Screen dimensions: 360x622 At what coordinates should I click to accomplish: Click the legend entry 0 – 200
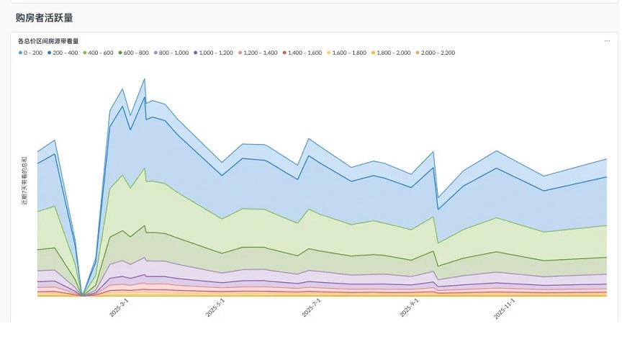click(x=32, y=53)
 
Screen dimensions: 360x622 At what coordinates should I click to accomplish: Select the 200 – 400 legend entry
click(x=65, y=53)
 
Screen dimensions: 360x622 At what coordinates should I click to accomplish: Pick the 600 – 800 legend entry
click(x=136, y=53)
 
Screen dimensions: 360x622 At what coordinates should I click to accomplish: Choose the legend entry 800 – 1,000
click(x=173, y=53)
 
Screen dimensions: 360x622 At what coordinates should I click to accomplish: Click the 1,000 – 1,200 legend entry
click(x=216, y=53)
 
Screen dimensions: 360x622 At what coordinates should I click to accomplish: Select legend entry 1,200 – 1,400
click(x=261, y=53)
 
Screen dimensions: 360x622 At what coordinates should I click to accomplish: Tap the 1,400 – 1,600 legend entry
click(x=305, y=53)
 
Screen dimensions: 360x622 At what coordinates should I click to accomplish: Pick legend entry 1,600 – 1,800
click(x=349, y=53)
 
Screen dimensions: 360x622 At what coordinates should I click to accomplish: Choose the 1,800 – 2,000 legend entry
click(x=394, y=53)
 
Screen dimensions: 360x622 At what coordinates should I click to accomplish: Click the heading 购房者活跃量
click(x=44, y=17)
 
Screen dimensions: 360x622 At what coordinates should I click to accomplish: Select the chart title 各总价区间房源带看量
click(x=48, y=41)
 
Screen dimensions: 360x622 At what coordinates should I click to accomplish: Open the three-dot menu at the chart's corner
click(x=607, y=41)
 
